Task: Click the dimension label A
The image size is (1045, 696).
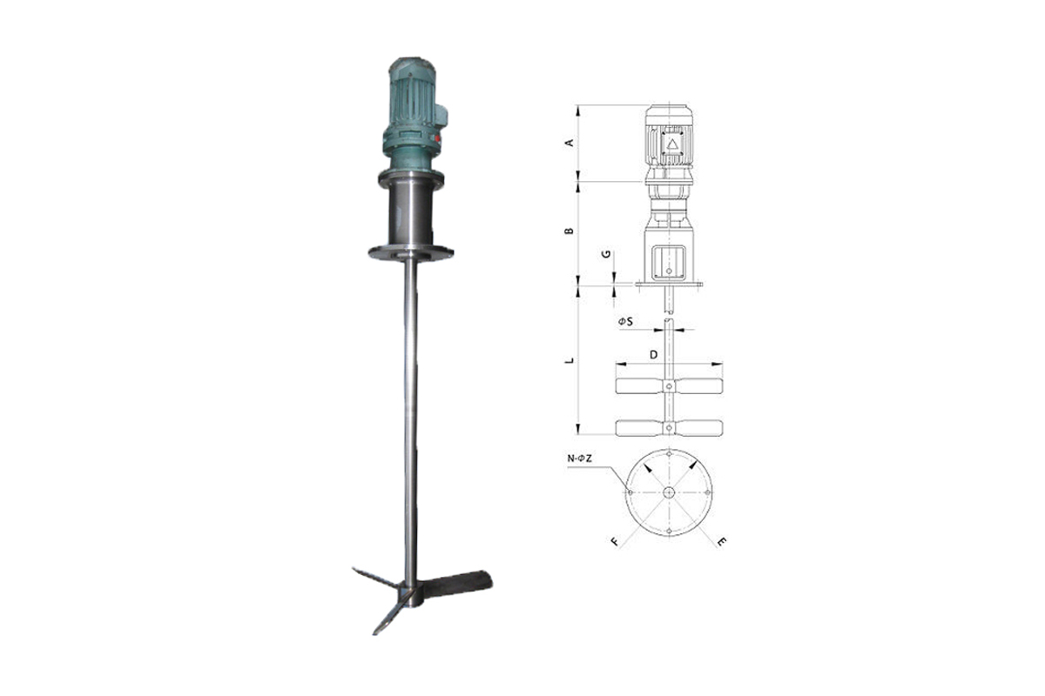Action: tap(570, 143)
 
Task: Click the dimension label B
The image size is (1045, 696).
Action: tap(570, 231)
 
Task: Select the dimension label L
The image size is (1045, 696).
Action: tap(570, 360)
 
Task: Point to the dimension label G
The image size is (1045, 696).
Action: tap(606, 254)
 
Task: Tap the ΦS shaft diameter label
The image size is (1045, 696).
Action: tap(625, 321)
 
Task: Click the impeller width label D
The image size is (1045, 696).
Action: tap(654, 355)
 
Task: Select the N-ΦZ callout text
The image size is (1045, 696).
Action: tap(579, 458)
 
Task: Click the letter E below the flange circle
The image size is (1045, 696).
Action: tap(721, 541)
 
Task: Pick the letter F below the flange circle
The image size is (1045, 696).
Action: tap(616, 541)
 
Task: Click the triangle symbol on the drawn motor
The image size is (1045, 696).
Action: tap(672, 144)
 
